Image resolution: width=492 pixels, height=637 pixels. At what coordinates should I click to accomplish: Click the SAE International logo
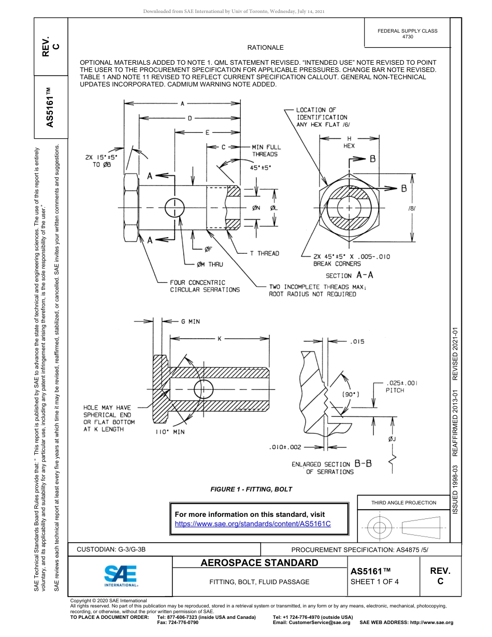coord(120,575)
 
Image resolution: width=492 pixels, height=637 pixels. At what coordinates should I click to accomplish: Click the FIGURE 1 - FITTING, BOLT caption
coord(251,489)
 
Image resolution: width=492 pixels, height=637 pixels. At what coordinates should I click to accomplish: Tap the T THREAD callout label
coord(264,253)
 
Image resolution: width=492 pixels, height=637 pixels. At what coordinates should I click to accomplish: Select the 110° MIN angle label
coord(170,432)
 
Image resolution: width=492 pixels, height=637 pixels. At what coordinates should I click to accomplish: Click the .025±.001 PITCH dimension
coord(401,386)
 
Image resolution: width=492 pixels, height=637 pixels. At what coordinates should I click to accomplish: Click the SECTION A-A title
coord(349,276)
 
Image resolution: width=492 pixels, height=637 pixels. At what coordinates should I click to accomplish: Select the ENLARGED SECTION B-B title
coord(331,468)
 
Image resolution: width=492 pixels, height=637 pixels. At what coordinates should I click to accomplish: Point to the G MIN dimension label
coord(190,322)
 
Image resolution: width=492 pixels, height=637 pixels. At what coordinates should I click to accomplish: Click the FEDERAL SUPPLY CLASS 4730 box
coord(407,34)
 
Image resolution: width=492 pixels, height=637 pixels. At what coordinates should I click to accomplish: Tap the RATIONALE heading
coord(265,48)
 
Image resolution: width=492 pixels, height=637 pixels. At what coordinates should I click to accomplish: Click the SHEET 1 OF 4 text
coord(374,581)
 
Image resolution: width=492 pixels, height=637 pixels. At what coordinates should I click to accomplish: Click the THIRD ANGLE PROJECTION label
coord(403,502)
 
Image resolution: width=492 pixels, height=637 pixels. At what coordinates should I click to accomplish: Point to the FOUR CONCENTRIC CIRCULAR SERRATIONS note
coord(205,286)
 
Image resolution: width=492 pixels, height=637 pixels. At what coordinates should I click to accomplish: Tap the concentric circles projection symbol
coord(380,528)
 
